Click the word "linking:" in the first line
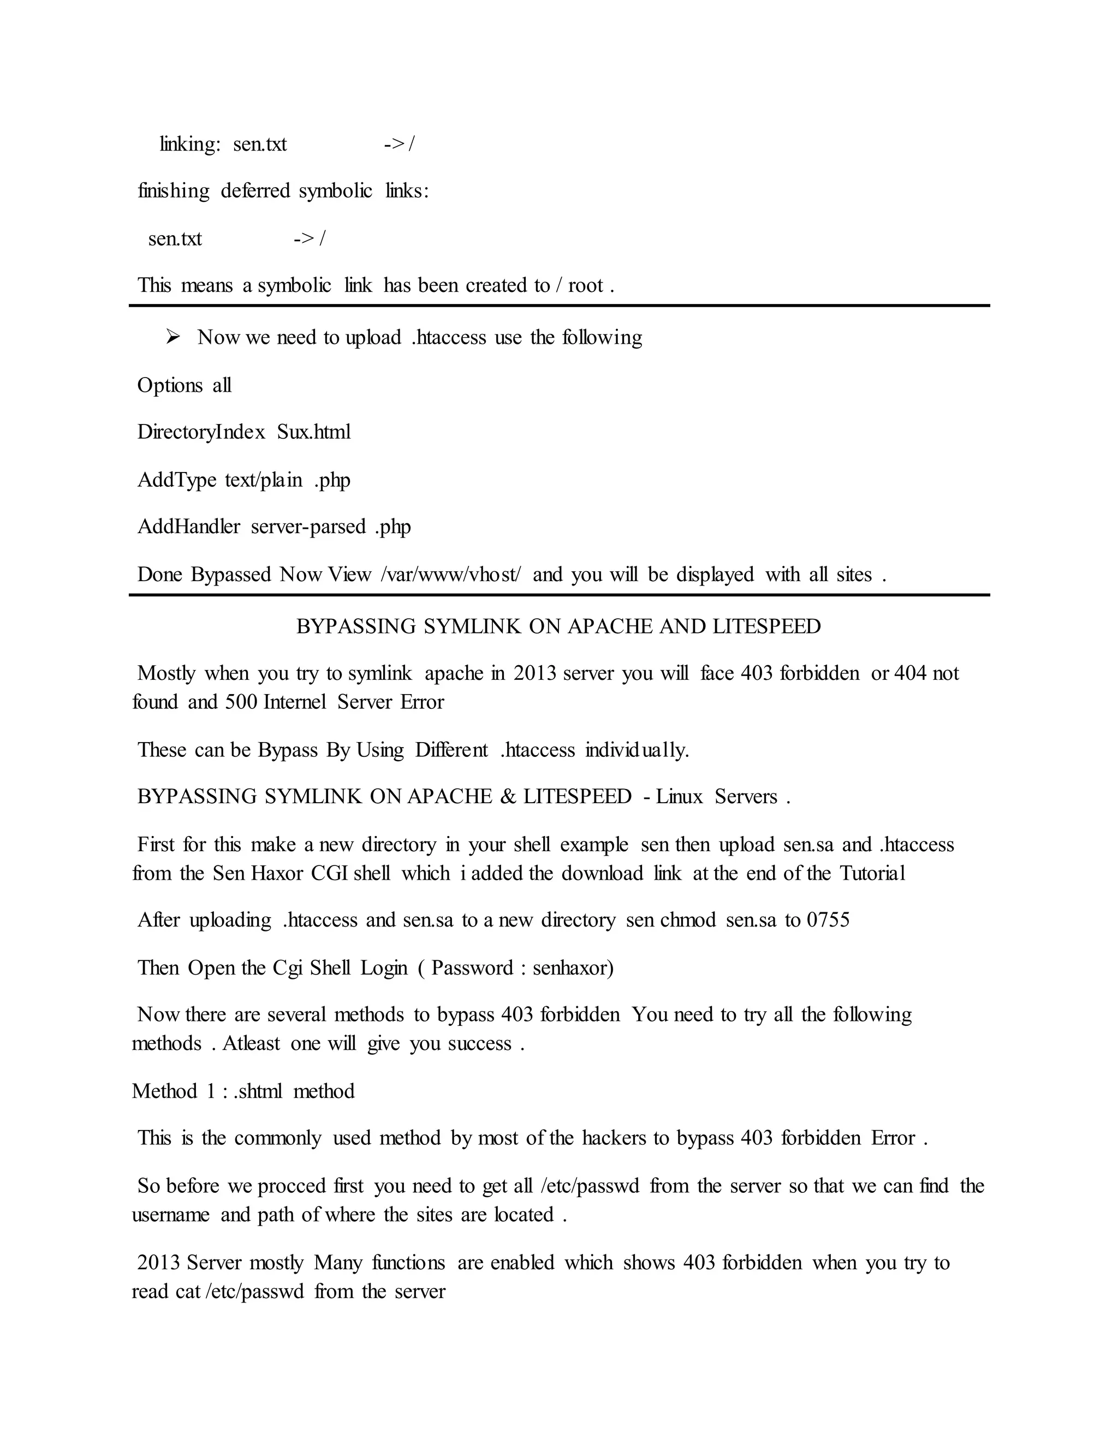pos(190,145)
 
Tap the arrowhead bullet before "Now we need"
pos(173,338)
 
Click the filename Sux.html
pos(314,432)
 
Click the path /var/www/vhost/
pos(451,575)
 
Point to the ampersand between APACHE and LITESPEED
pos(509,797)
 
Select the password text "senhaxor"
pos(573,968)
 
